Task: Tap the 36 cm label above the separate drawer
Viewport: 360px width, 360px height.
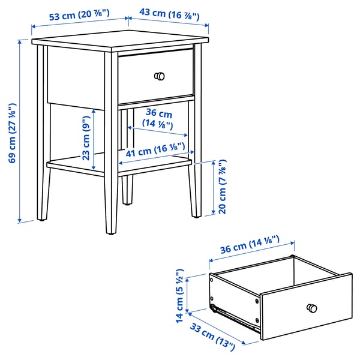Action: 251,246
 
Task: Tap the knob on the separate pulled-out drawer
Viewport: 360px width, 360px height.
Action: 311,308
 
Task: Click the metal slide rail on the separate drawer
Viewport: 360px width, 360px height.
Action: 237,317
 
